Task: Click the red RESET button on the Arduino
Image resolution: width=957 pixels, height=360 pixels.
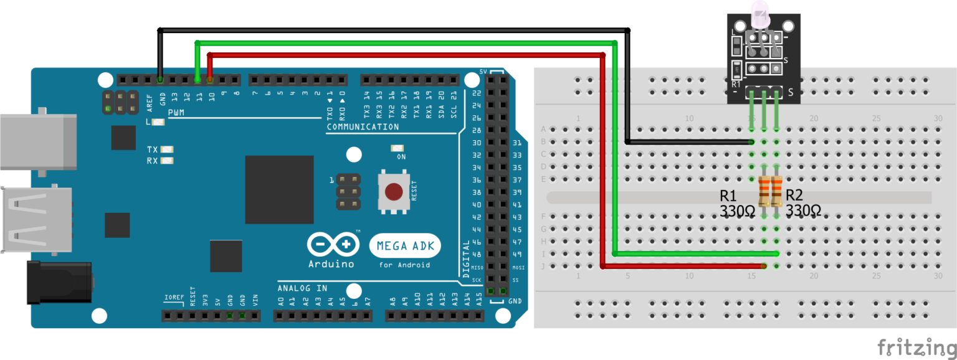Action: click(394, 191)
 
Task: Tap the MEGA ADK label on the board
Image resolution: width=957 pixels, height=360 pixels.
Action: click(405, 246)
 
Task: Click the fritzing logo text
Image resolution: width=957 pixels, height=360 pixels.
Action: click(915, 346)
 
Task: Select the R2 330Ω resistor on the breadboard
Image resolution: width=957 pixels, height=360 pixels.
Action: click(776, 191)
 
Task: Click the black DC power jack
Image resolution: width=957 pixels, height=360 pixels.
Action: click(59, 282)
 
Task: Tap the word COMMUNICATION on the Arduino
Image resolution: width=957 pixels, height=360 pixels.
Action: click(363, 127)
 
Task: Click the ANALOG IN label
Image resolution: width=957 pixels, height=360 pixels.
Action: click(302, 288)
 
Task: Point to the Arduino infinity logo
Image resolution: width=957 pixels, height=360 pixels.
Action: click(331, 244)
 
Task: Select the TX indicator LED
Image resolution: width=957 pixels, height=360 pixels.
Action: click(166, 149)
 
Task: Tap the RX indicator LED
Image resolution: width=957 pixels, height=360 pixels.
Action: click(166, 161)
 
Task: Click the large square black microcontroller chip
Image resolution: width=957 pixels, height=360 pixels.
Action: click(279, 189)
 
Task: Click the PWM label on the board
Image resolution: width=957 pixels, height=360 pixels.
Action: click(176, 113)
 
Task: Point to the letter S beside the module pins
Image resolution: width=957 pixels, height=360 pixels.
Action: click(791, 93)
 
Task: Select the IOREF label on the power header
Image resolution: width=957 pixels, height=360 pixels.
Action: click(174, 296)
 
